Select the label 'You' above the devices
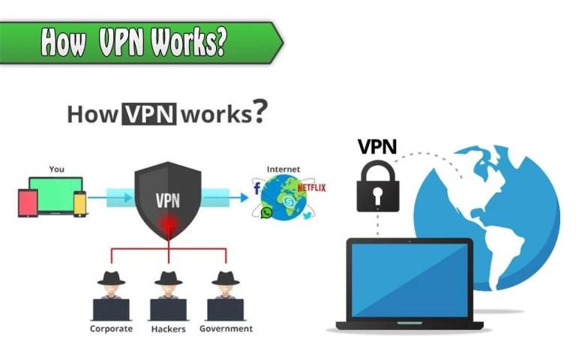point(57,169)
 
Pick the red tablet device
point(28,202)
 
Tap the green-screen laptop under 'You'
point(55,193)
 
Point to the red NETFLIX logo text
point(311,187)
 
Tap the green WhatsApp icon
point(266,213)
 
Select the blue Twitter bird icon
point(307,215)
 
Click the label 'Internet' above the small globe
point(283,169)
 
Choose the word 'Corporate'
point(111,328)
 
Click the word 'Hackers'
point(168,328)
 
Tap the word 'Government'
point(226,328)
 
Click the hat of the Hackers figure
point(168,277)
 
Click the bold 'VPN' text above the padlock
point(377,145)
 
